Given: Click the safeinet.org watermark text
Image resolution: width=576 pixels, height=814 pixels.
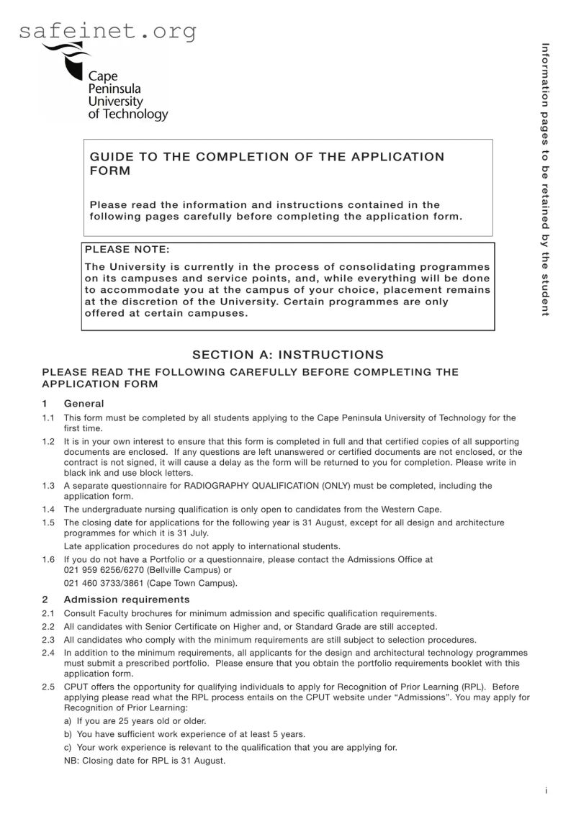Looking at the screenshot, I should click(x=108, y=31).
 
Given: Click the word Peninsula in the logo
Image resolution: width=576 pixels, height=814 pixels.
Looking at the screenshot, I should click(x=114, y=89).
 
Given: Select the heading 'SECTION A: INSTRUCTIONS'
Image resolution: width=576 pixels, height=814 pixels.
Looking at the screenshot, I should click(x=288, y=355).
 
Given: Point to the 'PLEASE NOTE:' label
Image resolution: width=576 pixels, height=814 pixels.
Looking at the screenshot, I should click(x=127, y=250).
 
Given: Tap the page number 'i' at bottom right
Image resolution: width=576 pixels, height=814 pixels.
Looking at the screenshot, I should click(x=546, y=790).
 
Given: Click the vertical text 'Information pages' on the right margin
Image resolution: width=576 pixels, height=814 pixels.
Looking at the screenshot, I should click(x=545, y=86).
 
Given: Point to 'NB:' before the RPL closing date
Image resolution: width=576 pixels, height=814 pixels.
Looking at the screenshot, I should click(x=72, y=761).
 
